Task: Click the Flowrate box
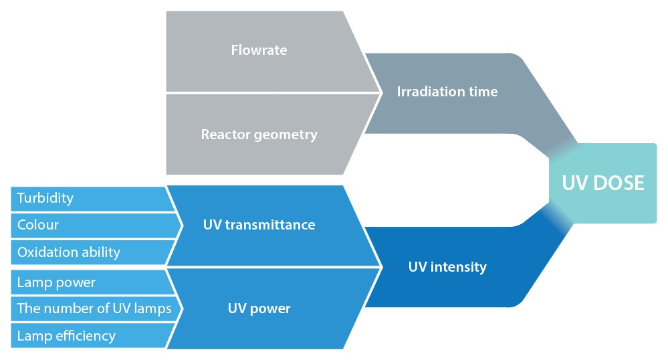coord(259,50)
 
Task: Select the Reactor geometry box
coord(259,134)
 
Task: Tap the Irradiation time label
coord(447,92)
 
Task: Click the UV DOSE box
coord(602,183)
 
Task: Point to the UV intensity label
coord(447,267)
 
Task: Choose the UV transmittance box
coord(259,225)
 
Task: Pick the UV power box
coord(259,308)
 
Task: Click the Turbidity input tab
coord(87,198)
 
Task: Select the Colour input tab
coord(87,225)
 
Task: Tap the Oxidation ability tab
coord(87,252)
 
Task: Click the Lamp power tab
coord(87,282)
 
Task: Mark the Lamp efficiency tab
coord(87,336)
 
